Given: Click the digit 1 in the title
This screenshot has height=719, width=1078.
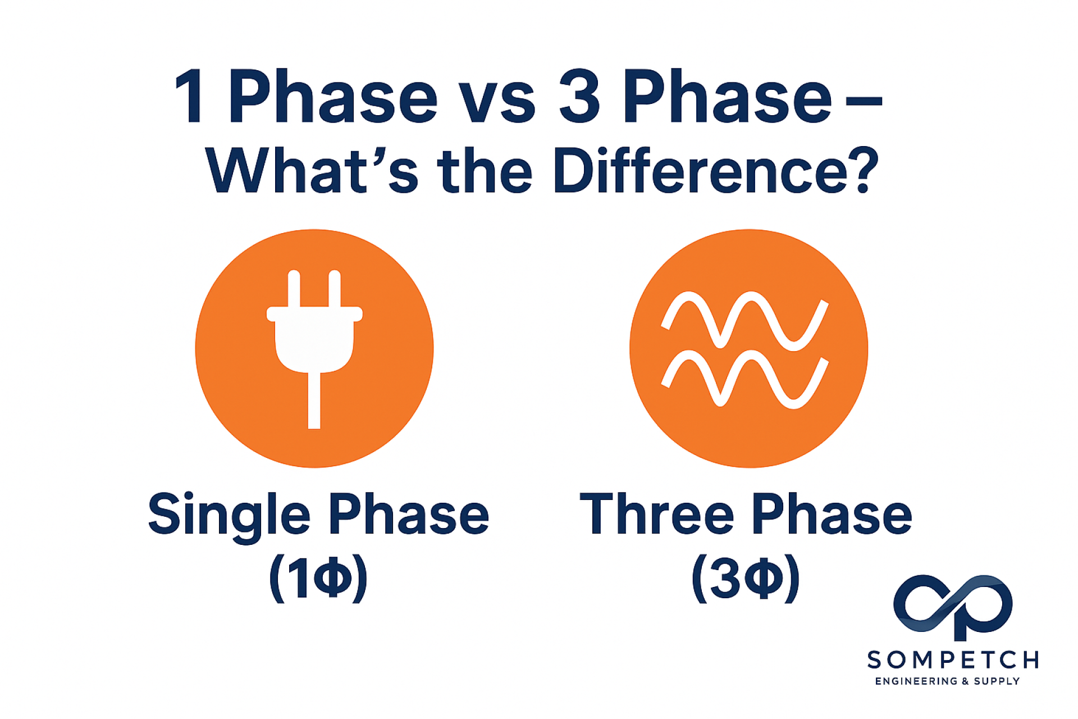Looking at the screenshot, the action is pyautogui.click(x=190, y=95).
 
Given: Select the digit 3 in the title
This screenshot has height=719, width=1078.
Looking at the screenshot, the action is pyautogui.click(x=579, y=96).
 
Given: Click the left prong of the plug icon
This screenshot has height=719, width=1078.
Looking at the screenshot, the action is pyautogui.click(x=294, y=288).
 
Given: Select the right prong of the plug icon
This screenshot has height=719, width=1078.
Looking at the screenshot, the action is pyautogui.click(x=335, y=288).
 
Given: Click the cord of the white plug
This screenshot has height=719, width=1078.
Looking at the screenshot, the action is pyautogui.click(x=314, y=401).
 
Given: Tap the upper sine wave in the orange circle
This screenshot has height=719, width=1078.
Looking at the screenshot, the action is pyautogui.click(x=745, y=321).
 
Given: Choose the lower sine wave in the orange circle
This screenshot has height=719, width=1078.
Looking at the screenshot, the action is pyautogui.click(x=745, y=379).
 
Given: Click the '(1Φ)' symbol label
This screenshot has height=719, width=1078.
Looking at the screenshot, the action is pyautogui.click(x=318, y=579).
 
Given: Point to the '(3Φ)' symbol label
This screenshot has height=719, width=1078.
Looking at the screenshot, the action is pyautogui.click(x=746, y=579).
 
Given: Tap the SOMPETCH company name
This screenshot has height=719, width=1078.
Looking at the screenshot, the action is pyautogui.click(x=953, y=660).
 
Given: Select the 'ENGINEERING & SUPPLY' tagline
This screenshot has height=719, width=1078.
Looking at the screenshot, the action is pyautogui.click(x=948, y=681).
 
